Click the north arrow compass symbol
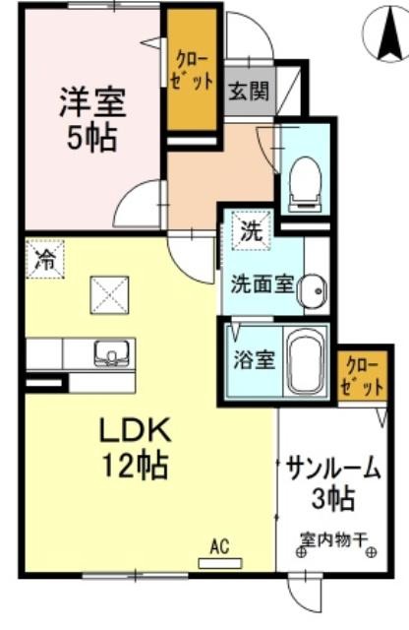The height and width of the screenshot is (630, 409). coord(385,34)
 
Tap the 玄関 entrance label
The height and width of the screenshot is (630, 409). coord(249,91)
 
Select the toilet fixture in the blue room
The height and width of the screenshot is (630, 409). coord(307,183)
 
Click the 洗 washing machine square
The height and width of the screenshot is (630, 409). coord(252,230)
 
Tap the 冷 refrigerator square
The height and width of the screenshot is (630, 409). coord(45,259)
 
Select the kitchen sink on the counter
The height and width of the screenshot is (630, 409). coord(111,353)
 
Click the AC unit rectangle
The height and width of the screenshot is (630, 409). coord(220,564)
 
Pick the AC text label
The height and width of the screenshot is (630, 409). coord(219,547)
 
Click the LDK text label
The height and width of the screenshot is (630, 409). coord(135,430)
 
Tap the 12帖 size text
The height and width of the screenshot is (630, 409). coord(136,464)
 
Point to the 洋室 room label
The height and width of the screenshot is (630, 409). coord(92,102)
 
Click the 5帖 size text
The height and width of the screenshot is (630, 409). coord(91,138)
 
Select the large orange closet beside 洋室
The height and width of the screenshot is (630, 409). coord(192,69)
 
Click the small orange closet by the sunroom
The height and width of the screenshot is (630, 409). coord(362,376)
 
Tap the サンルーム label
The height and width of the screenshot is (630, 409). coord(333,469)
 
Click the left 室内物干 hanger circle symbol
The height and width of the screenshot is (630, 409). coord(301,553)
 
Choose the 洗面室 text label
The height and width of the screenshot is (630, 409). coord(263,284)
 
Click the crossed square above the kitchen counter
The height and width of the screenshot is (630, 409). coord(109,295)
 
